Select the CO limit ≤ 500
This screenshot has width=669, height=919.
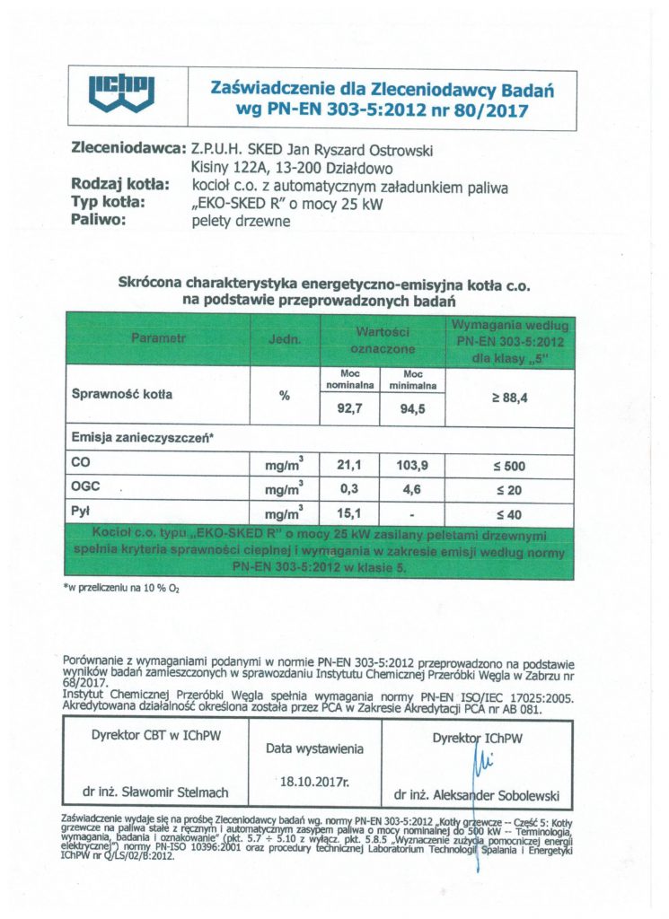tap(508, 467)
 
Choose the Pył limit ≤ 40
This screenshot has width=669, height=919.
tap(508, 514)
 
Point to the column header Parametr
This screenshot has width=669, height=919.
tap(157, 338)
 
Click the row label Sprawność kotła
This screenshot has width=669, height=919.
tap(121, 394)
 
